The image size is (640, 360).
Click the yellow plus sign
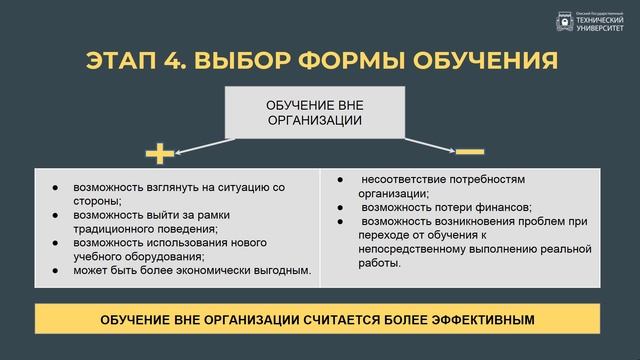(x=160, y=153)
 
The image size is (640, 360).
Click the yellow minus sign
(x=469, y=152)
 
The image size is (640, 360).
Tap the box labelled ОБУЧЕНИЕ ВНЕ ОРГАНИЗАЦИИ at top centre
(x=314, y=112)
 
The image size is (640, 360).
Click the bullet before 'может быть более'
(x=54, y=270)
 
